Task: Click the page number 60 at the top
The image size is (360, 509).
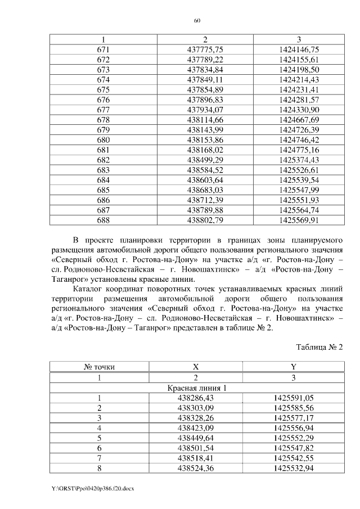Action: tap(197, 20)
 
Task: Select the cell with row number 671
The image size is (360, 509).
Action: tap(103, 49)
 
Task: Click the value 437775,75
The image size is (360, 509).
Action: tap(205, 49)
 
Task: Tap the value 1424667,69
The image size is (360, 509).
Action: tap(299, 120)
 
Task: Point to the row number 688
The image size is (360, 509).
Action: tap(103, 220)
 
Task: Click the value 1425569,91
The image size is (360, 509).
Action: tap(299, 220)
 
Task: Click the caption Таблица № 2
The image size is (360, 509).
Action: tap(318, 346)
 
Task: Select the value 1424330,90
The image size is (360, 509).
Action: tap(299, 110)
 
